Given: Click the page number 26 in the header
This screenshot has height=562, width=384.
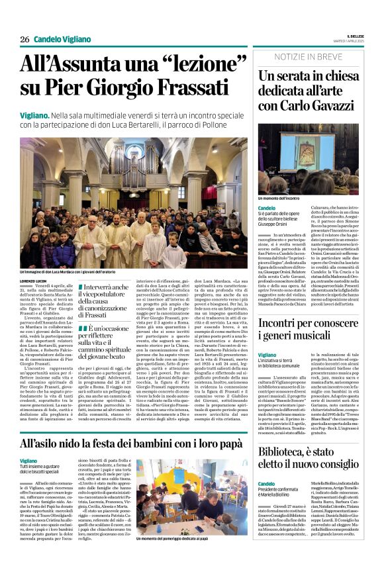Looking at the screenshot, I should click(x=24, y=40).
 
